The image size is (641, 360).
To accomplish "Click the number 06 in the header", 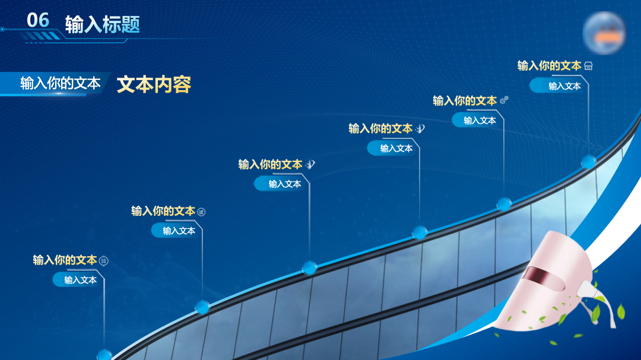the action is click(x=37, y=20).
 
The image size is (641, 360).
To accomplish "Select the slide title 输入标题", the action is click(x=103, y=24).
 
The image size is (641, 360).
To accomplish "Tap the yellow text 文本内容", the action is click(x=154, y=85).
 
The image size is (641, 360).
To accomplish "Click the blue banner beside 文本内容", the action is click(x=55, y=84).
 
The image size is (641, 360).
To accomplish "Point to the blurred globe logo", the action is click(x=604, y=33).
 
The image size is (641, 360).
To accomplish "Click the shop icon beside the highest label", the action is click(x=588, y=66).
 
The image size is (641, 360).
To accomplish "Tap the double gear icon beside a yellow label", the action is click(x=504, y=100).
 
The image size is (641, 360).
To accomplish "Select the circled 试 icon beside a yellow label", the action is click(x=201, y=212).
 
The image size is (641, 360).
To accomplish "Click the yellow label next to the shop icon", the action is click(x=549, y=66).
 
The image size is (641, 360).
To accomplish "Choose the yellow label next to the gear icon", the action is click(x=465, y=100).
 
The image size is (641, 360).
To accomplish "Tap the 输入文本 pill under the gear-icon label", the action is click(x=475, y=120).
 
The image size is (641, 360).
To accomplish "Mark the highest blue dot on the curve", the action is click(x=589, y=162).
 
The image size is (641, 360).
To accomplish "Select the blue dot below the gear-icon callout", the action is click(x=504, y=203).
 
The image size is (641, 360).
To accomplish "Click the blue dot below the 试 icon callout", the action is click(x=202, y=307).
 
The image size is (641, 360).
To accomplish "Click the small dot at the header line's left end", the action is click(x=2, y=30).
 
